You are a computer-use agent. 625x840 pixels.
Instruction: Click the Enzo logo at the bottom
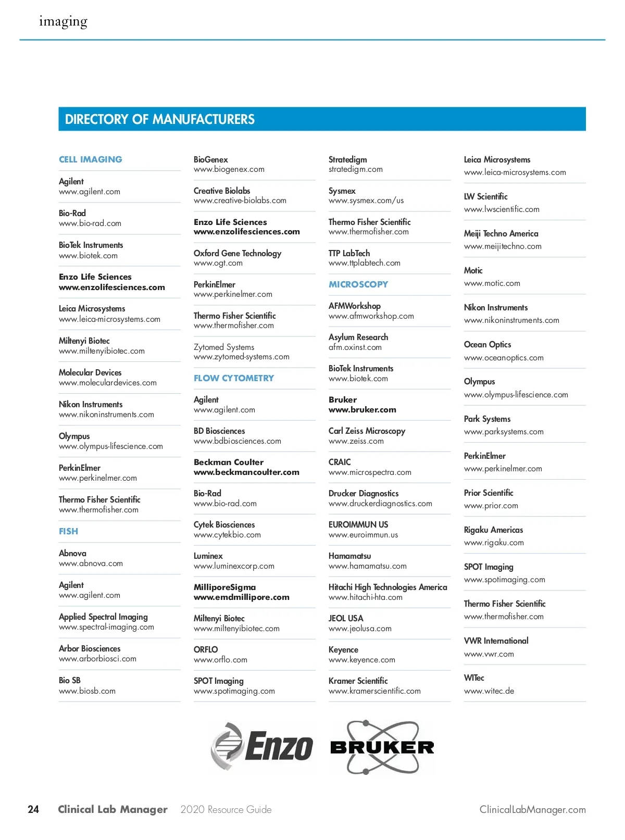(x=262, y=746)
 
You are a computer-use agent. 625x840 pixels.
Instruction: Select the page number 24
(x=33, y=809)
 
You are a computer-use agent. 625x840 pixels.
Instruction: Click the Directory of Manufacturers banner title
(x=160, y=119)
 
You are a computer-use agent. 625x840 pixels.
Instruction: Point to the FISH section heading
(x=68, y=531)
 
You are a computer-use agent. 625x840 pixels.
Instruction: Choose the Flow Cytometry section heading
(x=233, y=378)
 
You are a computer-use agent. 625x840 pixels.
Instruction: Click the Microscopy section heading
(x=358, y=284)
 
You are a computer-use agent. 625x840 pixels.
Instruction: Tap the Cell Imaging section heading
(x=91, y=159)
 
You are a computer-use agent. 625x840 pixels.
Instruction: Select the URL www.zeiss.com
(x=356, y=441)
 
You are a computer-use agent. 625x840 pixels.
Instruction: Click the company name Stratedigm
(x=347, y=159)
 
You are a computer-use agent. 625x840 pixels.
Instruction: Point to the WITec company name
(x=474, y=678)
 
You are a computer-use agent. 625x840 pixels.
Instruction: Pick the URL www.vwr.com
(x=489, y=654)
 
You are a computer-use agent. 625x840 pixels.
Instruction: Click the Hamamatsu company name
(x=349, y=556)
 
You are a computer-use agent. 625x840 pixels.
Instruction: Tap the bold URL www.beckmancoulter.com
(x=246, y=472)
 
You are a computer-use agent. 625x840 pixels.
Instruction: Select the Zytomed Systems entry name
(x=224, y=347)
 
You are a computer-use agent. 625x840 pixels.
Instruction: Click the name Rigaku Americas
(x=493, y=530)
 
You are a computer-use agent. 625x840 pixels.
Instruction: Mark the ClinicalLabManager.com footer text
(x=532, y=809)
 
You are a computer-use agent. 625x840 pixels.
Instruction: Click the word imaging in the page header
(x=63, y=21)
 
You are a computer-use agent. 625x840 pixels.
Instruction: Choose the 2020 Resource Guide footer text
(x=226, y=809)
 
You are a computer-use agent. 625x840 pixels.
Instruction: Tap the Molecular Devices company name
(x=90, y=372)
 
